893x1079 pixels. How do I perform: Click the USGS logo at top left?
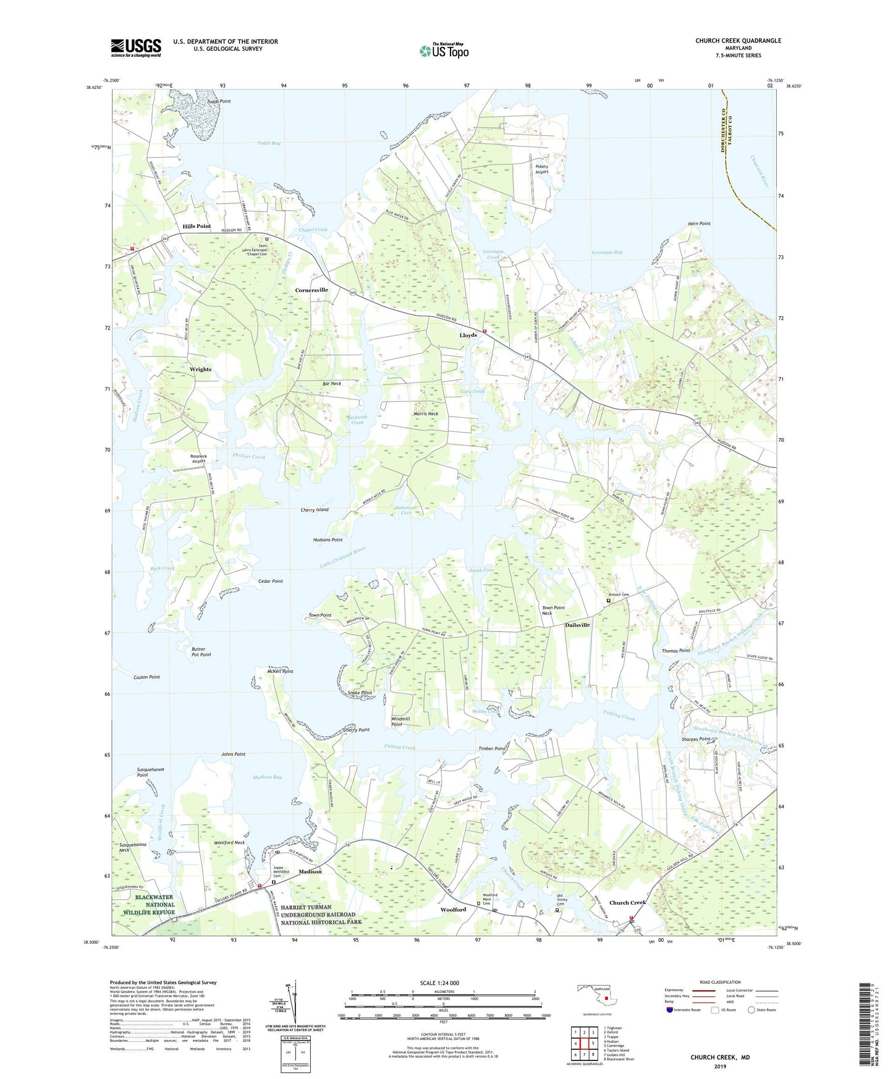click(x=136, y=48)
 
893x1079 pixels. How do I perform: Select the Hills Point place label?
click(x=197, y=226)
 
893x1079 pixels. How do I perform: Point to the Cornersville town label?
click(x=311, y=290)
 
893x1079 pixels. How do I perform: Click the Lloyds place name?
click(x=468, y=335)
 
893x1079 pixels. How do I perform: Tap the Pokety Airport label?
click(x=541, y=169)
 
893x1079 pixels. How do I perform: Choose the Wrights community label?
click(x=200, y=369)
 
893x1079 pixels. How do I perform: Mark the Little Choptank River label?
click(x=343, y=557)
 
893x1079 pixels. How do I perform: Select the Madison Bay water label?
click(x=267, y=777)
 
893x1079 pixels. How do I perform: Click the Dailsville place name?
click(x=577, y=625)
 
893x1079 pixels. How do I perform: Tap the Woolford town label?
click(x=453, y=910)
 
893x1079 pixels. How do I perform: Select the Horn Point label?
click(x=699, y=224)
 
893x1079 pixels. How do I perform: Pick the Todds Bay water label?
click(x=269, y=143)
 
